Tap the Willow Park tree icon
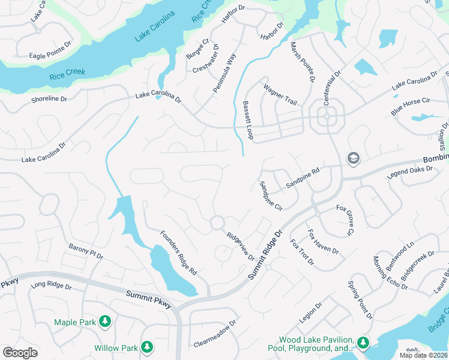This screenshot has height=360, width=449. pos(146,347)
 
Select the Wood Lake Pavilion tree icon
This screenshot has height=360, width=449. pos(363,343)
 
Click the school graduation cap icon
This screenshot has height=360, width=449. pos(353,158)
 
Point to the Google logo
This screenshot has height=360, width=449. pos(20,352)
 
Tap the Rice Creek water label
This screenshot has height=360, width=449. pos(67,73)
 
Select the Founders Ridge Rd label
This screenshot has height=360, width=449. pos(178,253)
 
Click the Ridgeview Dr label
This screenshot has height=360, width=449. pos(240,247)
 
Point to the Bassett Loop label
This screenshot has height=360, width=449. pos(248,120)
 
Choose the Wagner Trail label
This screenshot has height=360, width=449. pos(280,95)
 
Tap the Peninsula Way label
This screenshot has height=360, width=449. pos(224,74)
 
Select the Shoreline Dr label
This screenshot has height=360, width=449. pos(49,100)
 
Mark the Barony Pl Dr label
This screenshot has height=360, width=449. pos(86,251)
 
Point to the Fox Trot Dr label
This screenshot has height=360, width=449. pos(302,252)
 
